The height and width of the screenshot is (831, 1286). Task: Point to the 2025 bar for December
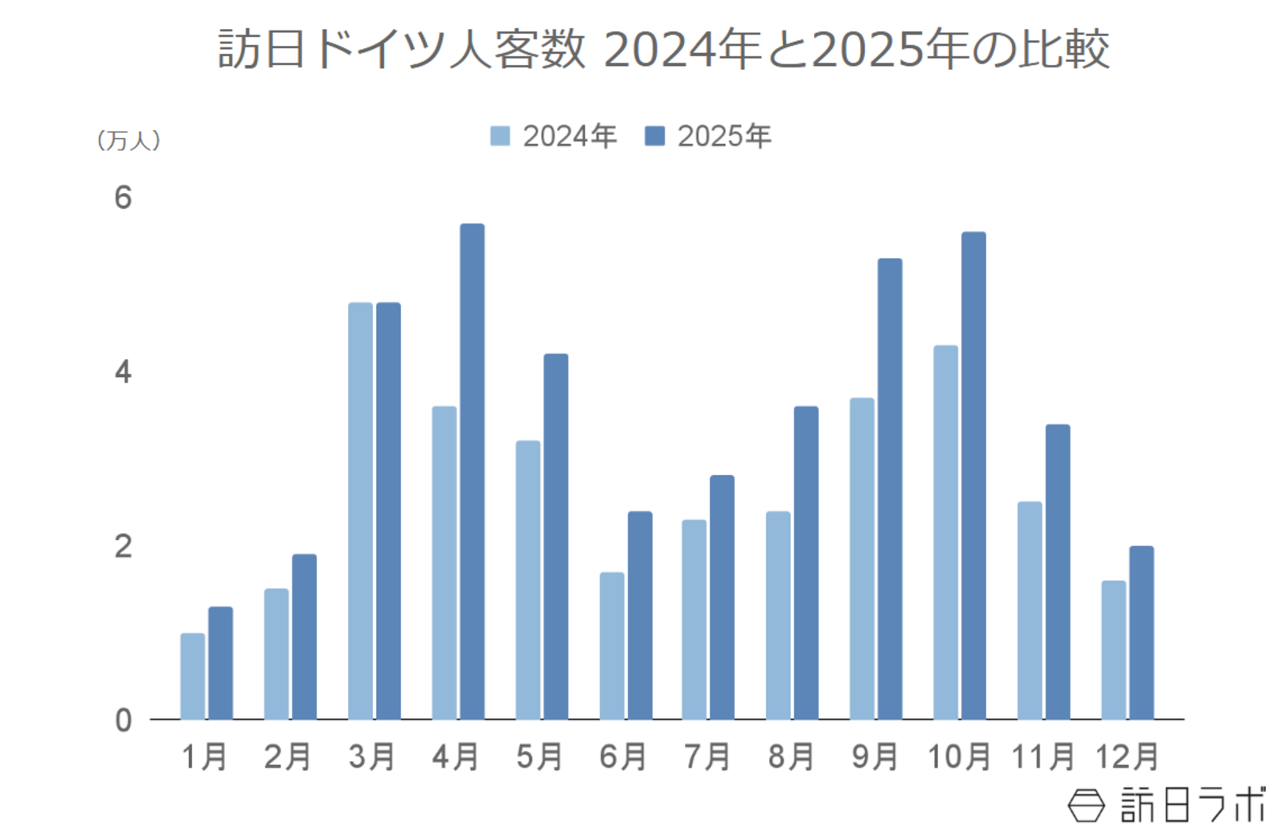click(1141, 632)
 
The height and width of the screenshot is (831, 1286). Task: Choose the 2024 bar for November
click(1029, 610)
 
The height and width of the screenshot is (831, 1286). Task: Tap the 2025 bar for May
click(555, 536)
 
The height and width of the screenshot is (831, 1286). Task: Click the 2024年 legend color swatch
click(500, 136)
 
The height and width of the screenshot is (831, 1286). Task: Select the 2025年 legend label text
click(724, 136)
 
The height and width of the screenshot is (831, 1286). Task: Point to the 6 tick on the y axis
click(123, 198)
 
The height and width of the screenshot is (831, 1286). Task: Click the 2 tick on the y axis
click(123, 546)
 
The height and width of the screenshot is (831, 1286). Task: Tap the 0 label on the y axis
click(123, 721)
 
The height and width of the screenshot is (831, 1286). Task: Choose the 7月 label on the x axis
click(707, 756)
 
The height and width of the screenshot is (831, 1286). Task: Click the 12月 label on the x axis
click(1127, 756)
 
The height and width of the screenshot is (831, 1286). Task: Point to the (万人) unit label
click(129, 141)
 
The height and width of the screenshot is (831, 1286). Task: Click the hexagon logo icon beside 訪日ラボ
click(1086, 804)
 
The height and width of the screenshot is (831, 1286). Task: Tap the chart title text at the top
click(664, 49)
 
